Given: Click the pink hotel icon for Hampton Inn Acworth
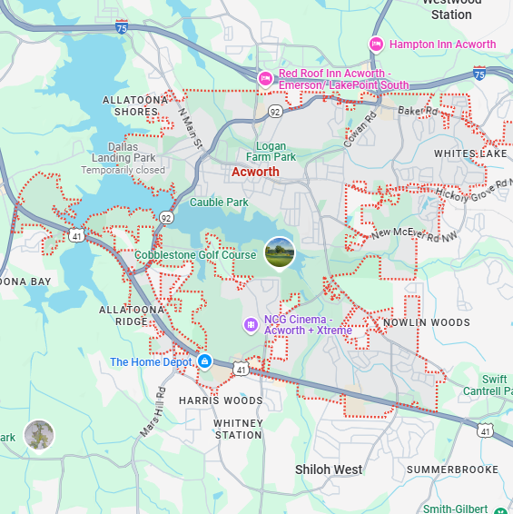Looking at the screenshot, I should click(376, 44).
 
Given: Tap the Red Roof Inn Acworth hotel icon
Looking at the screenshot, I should click(266, 79).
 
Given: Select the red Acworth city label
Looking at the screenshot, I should click(255, 172).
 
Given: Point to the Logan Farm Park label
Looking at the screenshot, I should click(271, 152).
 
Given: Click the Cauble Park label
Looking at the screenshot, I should click(219, 202).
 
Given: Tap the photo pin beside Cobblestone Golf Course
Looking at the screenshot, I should click(280, 253).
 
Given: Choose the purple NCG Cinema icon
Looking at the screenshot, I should click(251, 324).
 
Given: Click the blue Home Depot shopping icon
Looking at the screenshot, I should click(204, 361).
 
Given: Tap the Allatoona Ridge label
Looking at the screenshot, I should click(131, 315).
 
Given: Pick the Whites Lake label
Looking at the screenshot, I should click(470, 153).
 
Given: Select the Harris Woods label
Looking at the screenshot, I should click(221, 400).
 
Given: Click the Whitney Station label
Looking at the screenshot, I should click(239, 429).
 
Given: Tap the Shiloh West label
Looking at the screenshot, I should click(329, 470).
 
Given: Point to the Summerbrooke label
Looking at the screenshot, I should click(453, 470).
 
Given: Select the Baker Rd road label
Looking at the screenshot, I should click(417, 111).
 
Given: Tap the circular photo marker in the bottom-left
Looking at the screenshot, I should click(39, 435).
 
